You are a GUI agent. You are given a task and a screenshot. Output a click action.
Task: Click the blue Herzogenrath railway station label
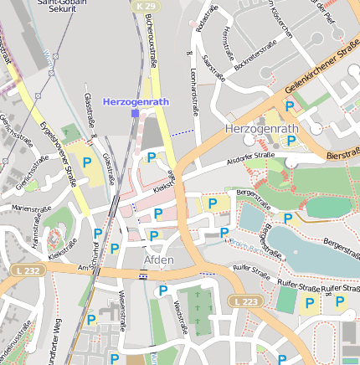click(136, 101)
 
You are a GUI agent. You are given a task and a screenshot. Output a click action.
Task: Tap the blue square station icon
click(135, 112)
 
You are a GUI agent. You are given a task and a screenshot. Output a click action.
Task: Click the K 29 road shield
click(142, 6)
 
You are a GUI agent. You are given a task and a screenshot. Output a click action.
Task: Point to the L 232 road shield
click(27, 270)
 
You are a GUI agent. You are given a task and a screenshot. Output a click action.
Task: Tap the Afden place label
click(159, 260)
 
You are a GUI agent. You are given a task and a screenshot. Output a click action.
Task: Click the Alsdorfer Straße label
click(250, 156)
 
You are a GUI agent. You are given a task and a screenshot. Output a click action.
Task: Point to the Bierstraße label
click(342, 155)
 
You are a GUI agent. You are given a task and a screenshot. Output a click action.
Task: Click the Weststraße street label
click(180, 316)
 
